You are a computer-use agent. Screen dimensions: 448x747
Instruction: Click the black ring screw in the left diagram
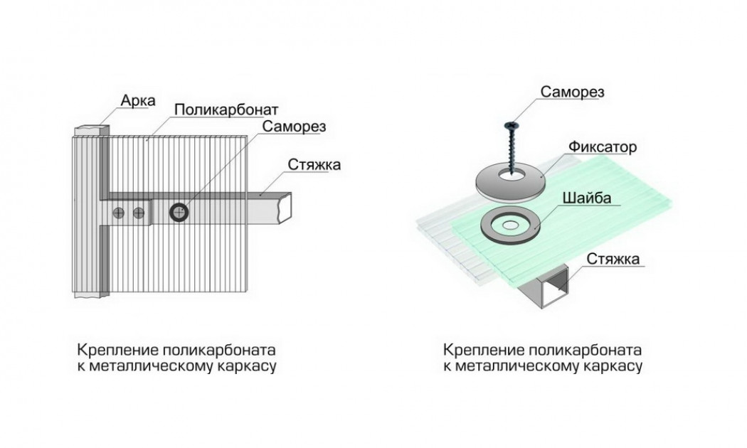[179, 211]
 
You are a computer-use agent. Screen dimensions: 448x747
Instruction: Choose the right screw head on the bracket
[139, 212]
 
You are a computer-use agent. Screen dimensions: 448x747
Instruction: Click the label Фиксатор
[601, 147]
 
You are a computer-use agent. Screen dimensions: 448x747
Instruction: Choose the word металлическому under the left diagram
[157, 367]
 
